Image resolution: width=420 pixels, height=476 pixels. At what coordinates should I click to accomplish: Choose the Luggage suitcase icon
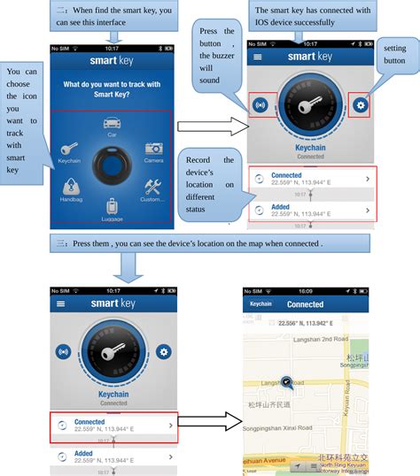[112, 206]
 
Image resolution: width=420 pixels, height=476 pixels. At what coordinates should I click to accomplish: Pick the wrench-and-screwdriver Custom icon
[152, 188]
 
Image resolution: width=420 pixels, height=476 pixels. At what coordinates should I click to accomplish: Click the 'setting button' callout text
[394, 55]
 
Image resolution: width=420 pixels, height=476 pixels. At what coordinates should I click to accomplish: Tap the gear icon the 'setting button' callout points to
[360, 104]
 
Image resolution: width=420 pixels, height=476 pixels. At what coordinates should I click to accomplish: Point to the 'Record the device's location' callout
[209, 184]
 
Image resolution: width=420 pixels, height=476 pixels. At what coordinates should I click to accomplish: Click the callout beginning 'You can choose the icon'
[22, 120]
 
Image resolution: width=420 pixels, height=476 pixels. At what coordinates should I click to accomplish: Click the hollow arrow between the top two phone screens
[208, 124]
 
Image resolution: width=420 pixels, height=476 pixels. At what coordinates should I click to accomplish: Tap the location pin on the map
[286, 383]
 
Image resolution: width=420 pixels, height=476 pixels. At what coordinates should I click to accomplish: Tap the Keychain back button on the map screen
[261, 303]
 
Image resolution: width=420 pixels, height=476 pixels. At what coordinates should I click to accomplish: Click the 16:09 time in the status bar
[305, 291]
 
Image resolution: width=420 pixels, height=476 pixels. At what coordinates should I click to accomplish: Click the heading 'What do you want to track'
[112, 88]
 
